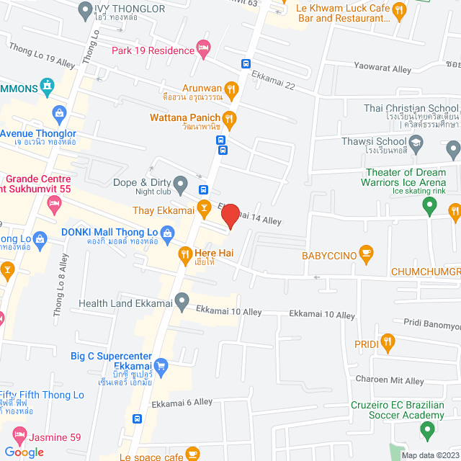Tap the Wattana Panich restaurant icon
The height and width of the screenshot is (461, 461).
click(229, 117)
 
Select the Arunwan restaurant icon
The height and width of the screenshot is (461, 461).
click(231, 89)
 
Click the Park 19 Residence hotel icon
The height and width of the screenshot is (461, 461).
click(204, 50)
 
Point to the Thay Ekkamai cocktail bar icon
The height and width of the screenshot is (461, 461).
click(205, 210)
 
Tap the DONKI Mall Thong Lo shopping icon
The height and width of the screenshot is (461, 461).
click(167, 232)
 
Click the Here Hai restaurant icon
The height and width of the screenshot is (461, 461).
click(184, 254)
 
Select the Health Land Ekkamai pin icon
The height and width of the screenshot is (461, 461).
click(182, 299)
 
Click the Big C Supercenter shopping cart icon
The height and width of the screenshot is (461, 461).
click(161, 364)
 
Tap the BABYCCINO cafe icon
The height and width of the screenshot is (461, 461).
click(366, 254)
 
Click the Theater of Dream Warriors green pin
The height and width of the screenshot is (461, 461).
click(429, 207)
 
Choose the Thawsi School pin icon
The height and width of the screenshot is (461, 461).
click(453, 150)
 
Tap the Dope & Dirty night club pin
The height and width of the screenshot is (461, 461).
click(182, 182)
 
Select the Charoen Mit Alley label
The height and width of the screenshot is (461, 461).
click(389, 380)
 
